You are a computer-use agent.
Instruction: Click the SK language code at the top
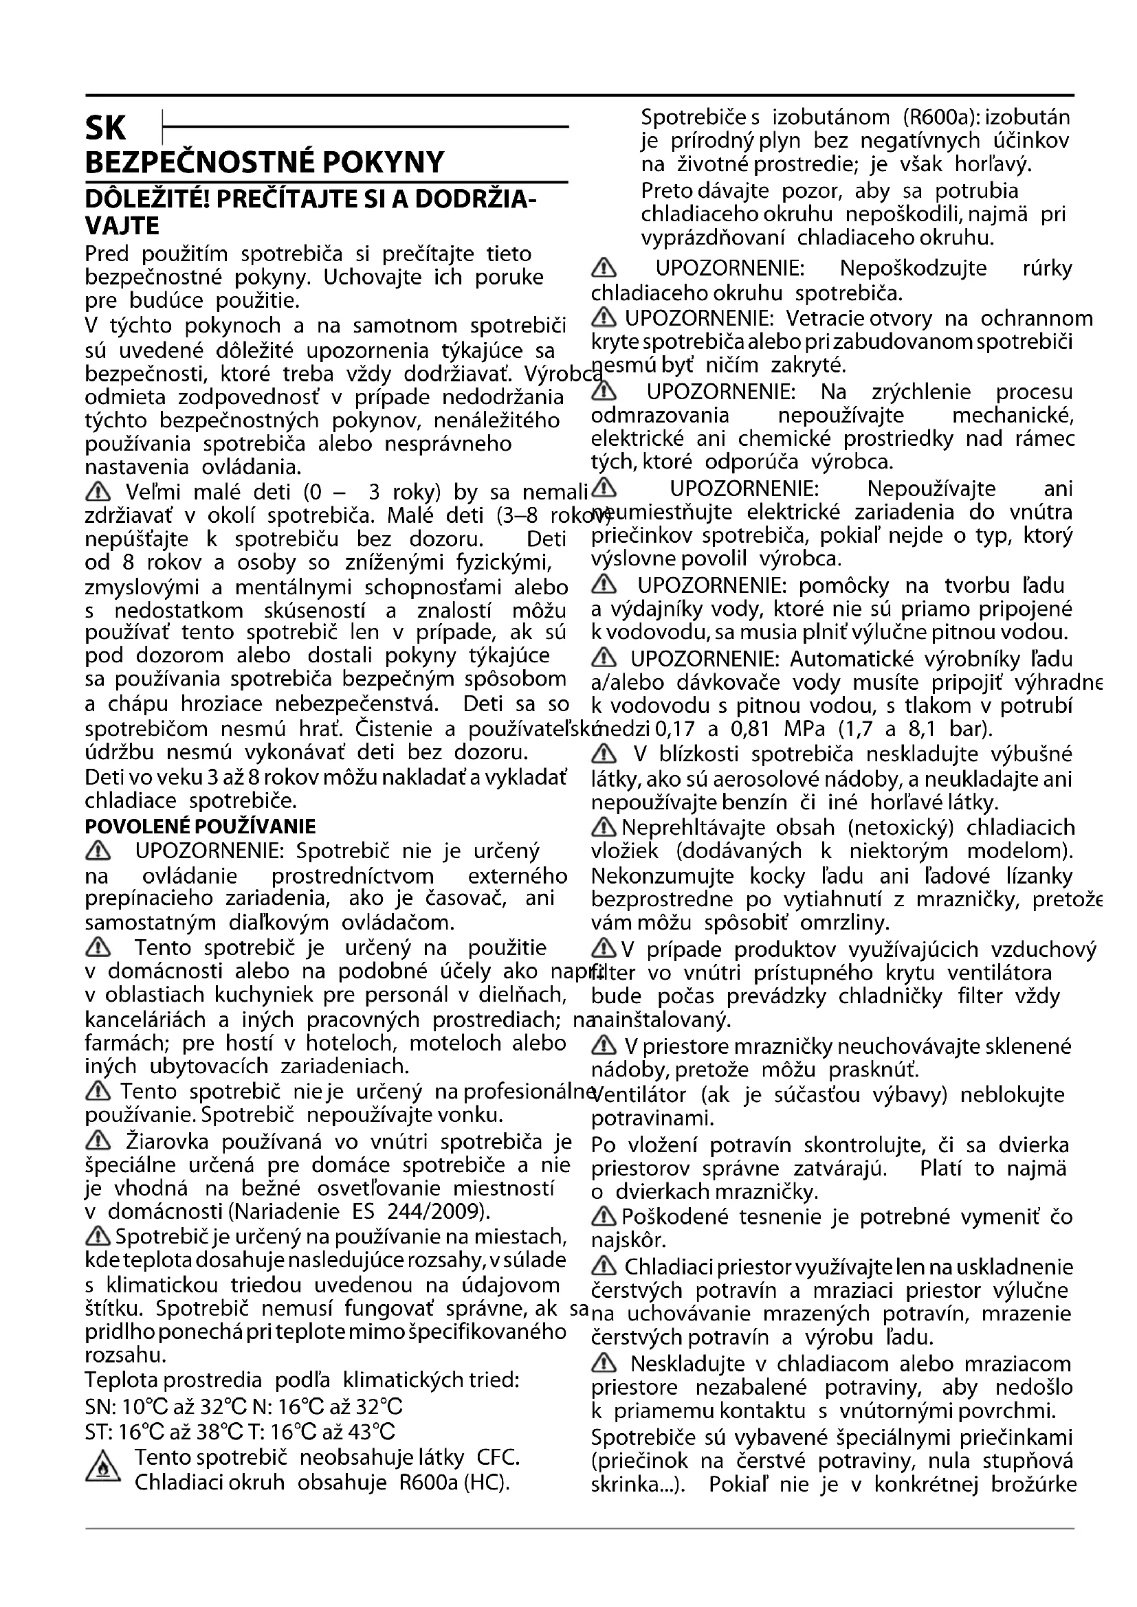click(105, 128)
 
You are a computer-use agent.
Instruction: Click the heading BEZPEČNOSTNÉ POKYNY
click(264, 162)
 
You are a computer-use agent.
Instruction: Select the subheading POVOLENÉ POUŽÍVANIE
click(199, 827)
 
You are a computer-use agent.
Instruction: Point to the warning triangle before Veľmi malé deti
click(97, 492)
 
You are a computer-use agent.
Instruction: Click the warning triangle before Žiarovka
click(98, 1142)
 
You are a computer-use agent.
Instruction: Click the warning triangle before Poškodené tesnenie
click(604, 1217)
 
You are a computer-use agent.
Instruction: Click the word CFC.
click(498, 1457)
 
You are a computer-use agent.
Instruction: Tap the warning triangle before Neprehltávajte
click(604, 828)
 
